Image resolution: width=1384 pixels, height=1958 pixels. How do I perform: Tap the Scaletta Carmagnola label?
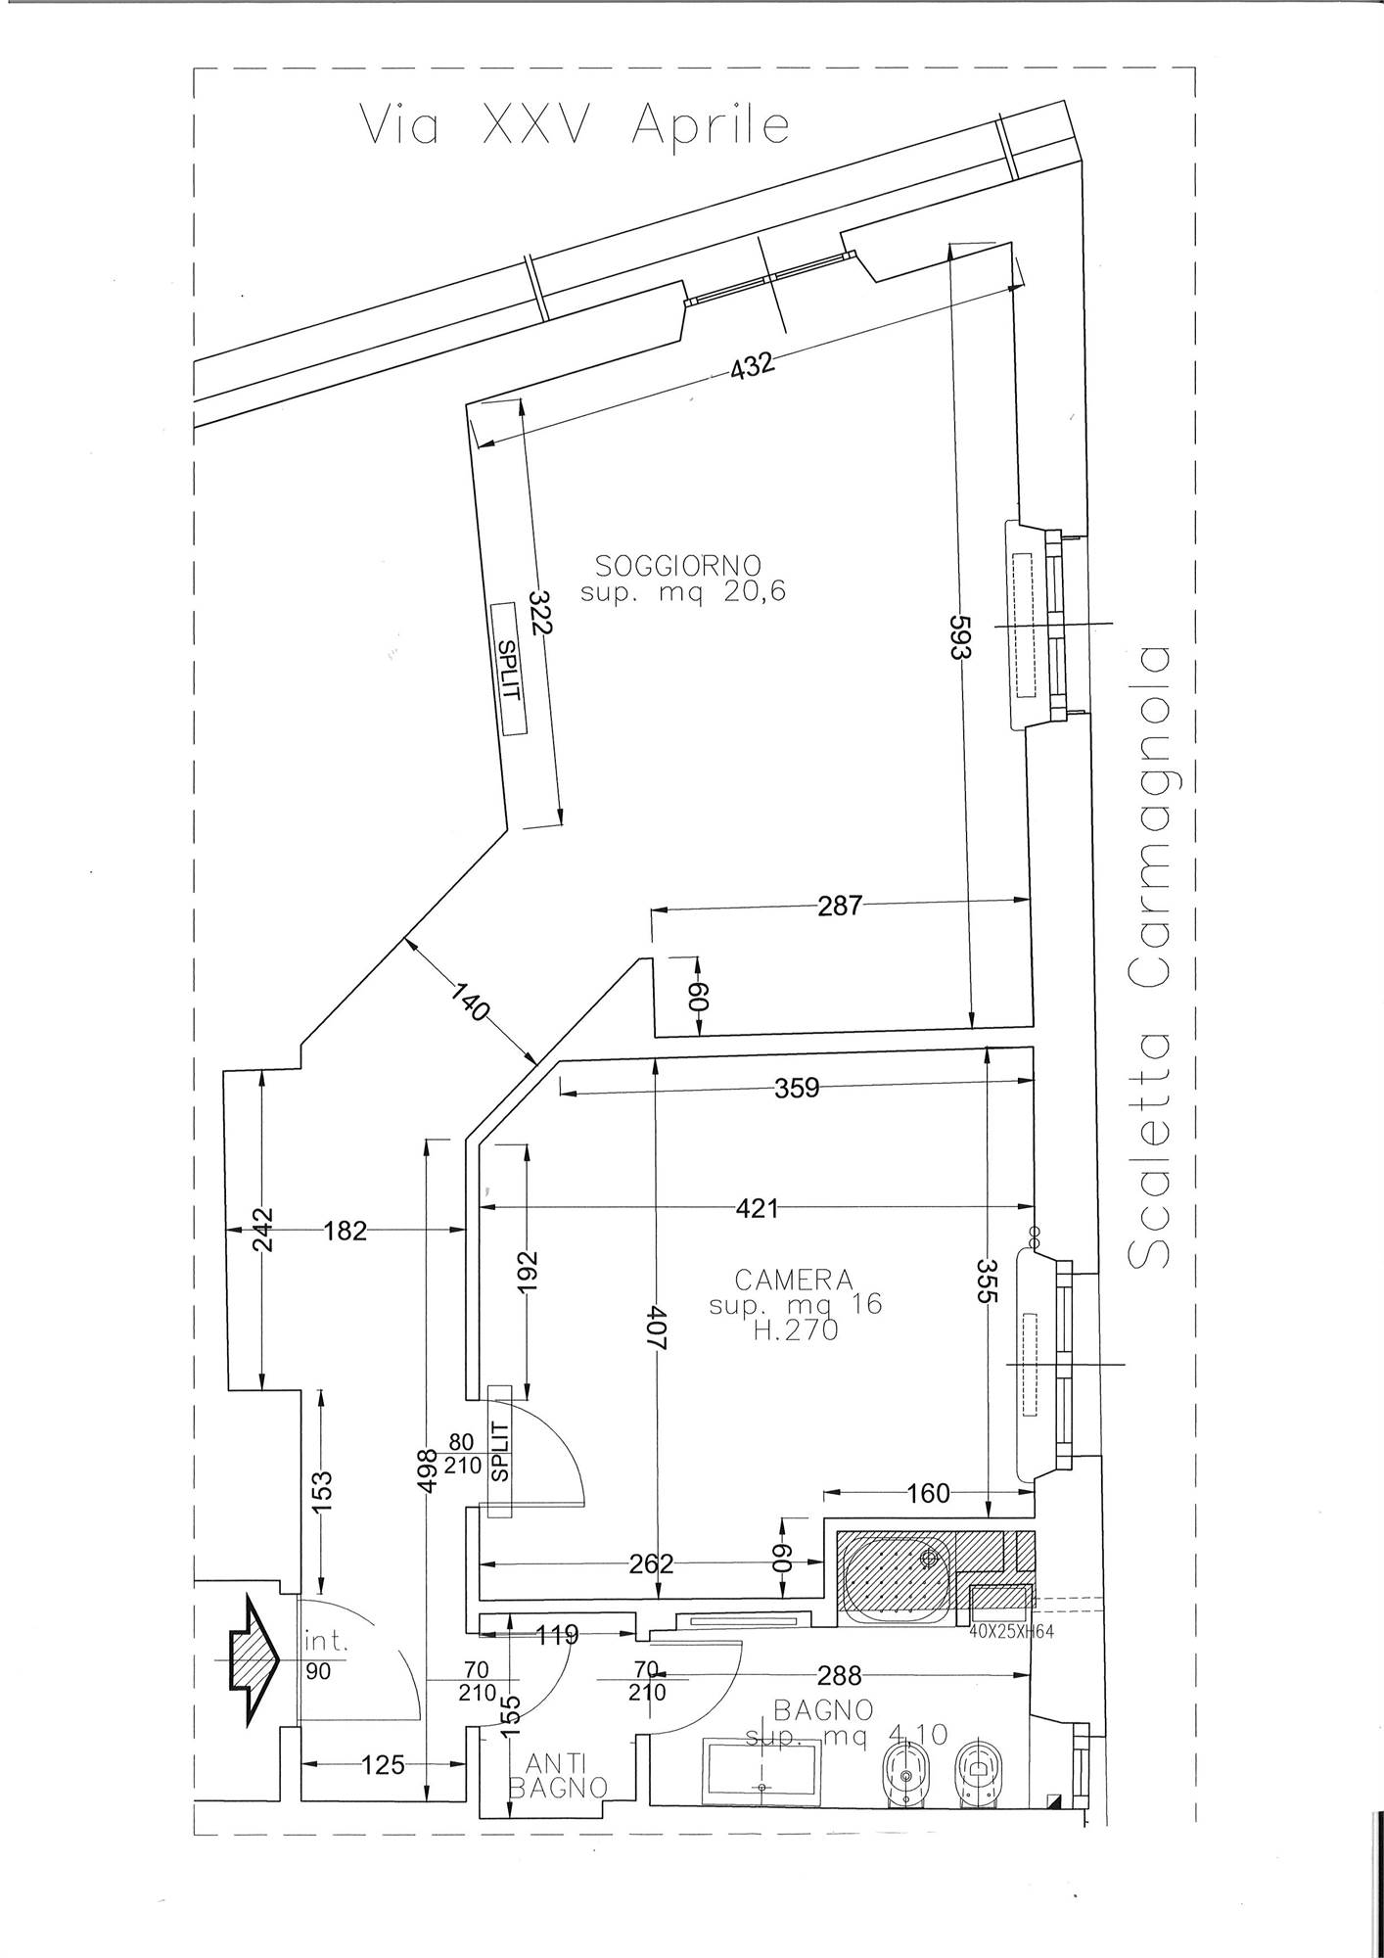tap(1149, 957)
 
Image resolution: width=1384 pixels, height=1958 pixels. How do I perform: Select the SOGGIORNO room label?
tap(678, 565)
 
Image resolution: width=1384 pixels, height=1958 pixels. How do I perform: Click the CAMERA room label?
tap(794, 1280)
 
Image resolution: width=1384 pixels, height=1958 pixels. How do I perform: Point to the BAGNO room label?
tap(823, 1710)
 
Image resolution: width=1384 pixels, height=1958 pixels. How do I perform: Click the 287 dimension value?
tap(841, 905)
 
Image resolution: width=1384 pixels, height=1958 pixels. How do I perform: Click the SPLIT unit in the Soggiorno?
tap(508, 668)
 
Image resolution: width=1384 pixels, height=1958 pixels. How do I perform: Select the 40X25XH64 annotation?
tap(1011, 1632)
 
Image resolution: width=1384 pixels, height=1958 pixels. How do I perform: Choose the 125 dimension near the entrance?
tap(382, 1765)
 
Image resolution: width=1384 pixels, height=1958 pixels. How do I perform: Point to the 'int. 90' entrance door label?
tap(326, 1655)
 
